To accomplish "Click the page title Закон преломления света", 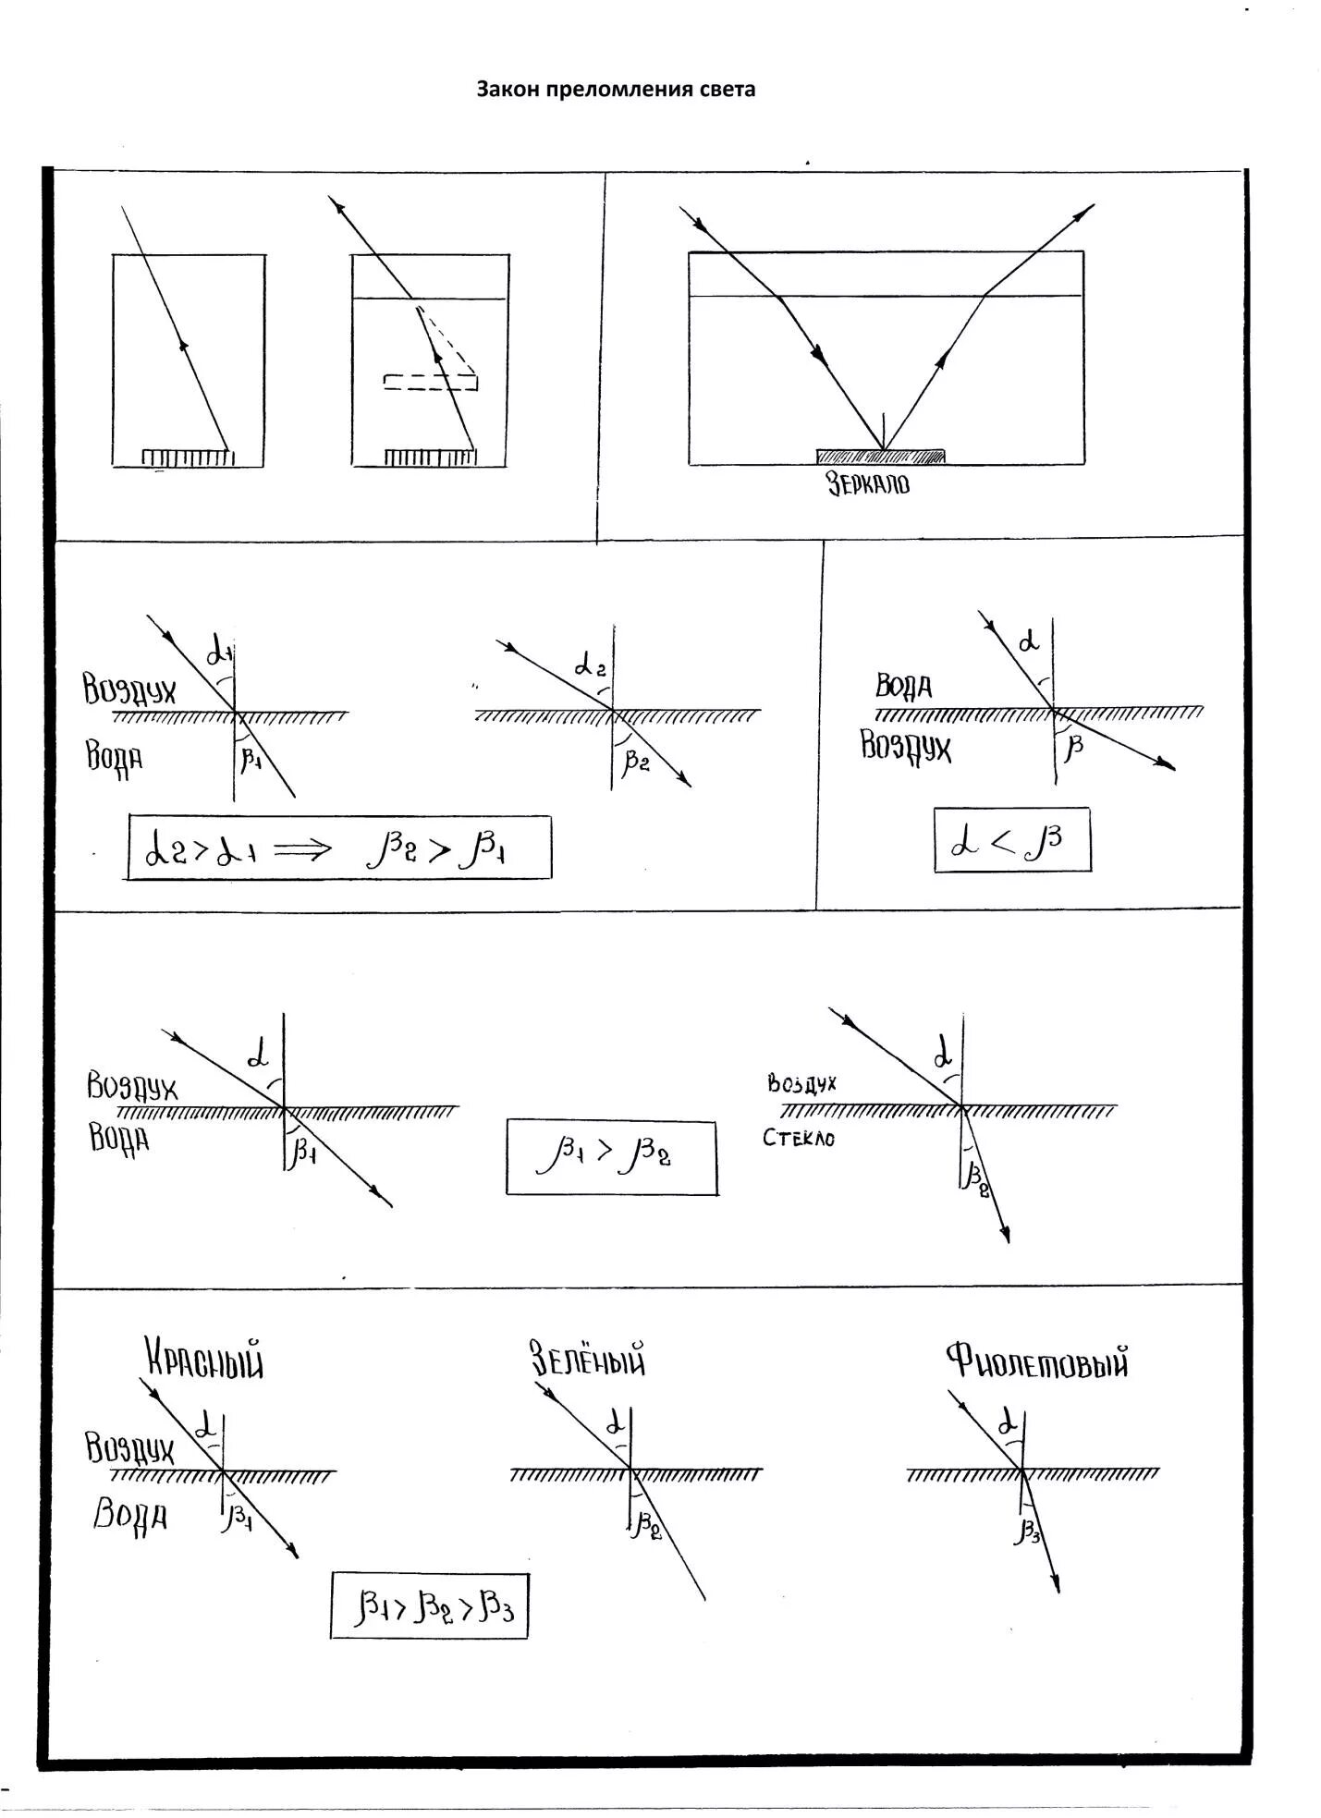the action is (616, 90).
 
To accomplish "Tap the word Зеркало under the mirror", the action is (868, 483).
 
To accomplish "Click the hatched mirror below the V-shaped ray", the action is (880, 456).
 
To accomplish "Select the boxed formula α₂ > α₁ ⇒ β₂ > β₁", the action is (338, 848).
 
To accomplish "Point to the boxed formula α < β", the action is (1011, 840).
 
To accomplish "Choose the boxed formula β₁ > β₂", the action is (611, 1157).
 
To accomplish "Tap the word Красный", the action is (204, 1360).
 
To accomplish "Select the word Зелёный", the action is (587, 1360).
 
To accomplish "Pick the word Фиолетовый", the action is (1036, 1361).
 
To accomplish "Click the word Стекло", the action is (799, 1138).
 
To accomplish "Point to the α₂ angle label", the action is (590, 665).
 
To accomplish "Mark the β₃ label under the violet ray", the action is (1028, 1531).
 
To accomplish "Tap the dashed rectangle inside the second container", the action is (430, 382).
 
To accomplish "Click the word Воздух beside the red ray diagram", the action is (129, 1447).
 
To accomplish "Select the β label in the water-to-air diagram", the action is (1073, 747).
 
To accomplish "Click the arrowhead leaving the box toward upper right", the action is (1082, 214).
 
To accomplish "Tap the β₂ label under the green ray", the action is (646, 1524).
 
